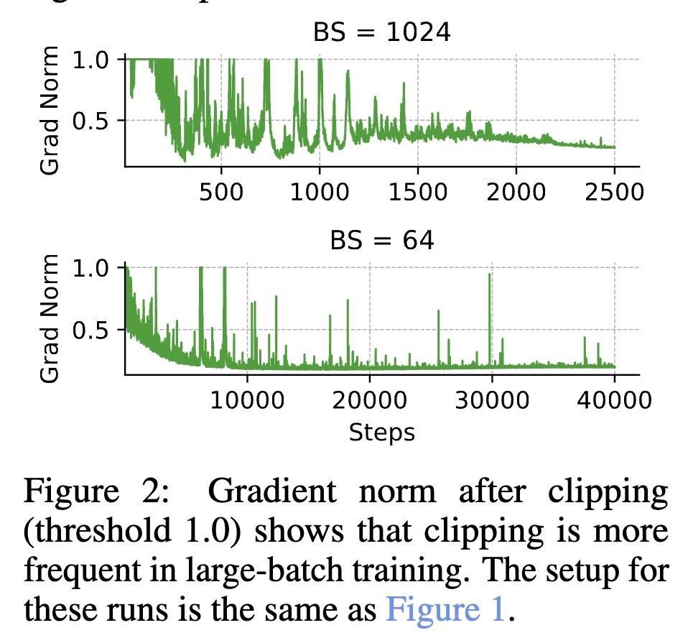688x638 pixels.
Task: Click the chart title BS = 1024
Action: coord(381,32)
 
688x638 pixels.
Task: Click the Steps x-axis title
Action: coord(381,433)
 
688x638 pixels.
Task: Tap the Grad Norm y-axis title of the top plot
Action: coord(50,110)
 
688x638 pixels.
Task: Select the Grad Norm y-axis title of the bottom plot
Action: coord(50,318)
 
